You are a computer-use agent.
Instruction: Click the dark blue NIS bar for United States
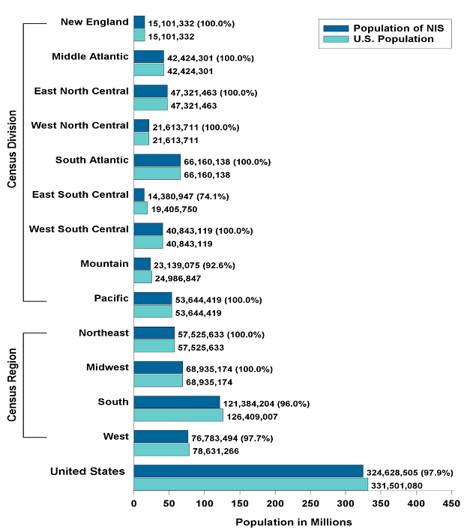pyautogui.click(x=248, y=471)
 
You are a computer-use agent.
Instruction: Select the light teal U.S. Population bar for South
pyautogui.click(x=178, y=415)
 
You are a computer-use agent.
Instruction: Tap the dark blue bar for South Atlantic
pyautogui.click(x=157, y=160)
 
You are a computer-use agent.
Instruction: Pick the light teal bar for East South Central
pyautogui.click(x=140, y=208)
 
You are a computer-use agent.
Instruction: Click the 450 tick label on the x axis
pyautogui.click(x=451, y=505)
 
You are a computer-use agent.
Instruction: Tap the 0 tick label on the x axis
pyautogui.click(x=133, y=505)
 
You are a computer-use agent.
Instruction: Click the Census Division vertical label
pyautogui.click(x=11, y=161)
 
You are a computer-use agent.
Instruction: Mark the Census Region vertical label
pyautogui.click(x=11, y=384)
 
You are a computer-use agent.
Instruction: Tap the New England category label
pyautogui.click(x=94, y=22)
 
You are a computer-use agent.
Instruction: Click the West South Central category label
pyautogui.click(x=79, y=229)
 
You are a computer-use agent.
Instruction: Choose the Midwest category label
pyautogui.click(x=108, y=367)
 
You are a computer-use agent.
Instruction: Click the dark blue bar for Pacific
pyautogui.click(x=152, y=298)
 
